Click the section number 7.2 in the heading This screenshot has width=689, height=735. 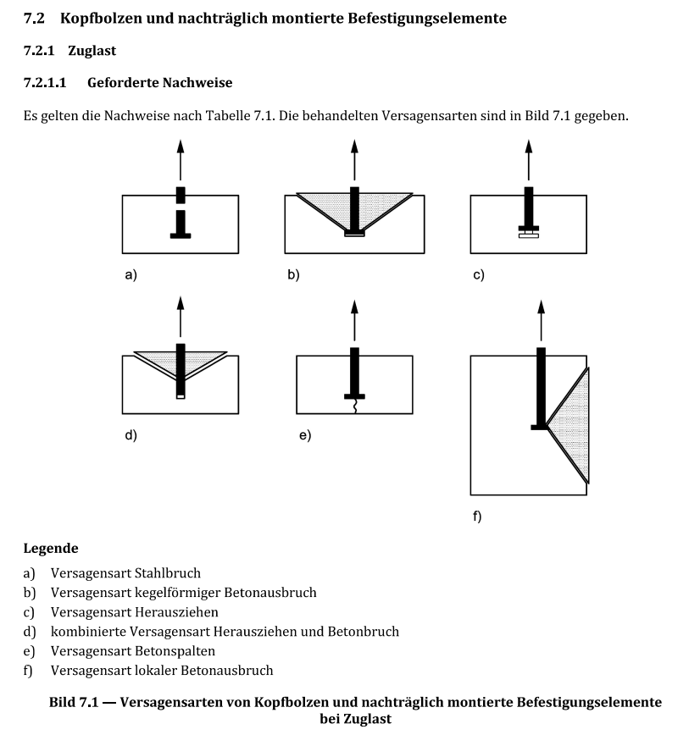point(35,18)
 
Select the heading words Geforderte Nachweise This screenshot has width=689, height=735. point(159,83)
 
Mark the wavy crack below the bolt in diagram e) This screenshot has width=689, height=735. point(354,407)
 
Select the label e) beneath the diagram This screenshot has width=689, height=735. point(304,435)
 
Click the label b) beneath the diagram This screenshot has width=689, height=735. point(292,274)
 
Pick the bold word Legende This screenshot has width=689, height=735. point(50,549)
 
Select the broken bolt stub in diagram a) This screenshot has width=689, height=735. point(180,195)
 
